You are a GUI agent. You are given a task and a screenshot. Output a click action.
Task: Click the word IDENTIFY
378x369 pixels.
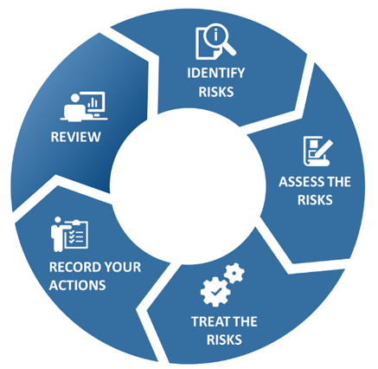[x=216, y=73]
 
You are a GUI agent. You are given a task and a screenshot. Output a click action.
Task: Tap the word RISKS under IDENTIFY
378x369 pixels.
[x=216, y=92]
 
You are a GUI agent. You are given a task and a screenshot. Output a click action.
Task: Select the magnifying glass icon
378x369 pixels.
[x=220, y=40]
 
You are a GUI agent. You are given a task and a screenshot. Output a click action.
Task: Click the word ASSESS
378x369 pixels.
[x=297, y=182]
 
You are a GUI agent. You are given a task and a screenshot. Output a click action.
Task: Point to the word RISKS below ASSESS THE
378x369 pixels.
[x=315, y=200]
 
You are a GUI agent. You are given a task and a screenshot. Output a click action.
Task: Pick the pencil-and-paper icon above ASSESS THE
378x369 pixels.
[x=317, y=151]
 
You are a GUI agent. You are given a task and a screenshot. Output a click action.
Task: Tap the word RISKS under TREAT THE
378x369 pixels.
[x=224, y=340]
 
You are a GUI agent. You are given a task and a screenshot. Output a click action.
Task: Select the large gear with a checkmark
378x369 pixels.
[x=215, y=291]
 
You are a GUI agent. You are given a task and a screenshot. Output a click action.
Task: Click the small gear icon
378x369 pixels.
[x=234, y=273]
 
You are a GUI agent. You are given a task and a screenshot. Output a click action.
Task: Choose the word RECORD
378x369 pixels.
[x=73, y=267]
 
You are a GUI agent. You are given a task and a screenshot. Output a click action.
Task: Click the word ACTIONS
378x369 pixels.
[x=77, y=285]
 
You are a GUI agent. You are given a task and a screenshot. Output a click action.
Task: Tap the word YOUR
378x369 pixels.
[x=120, y=267]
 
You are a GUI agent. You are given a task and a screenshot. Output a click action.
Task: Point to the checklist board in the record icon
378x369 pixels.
[x=76, y=235]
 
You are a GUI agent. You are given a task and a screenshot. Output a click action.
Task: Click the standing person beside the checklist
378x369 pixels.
[x=57, y=234]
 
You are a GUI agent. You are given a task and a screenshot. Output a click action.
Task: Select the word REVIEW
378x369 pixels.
[x=76, y=137]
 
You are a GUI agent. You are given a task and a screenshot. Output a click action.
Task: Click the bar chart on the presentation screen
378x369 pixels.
[x=93, y=102]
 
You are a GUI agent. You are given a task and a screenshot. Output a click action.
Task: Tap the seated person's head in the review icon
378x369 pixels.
[x=75, y=98]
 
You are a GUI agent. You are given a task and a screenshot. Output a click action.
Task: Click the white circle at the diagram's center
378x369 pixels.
[x=188, y=186]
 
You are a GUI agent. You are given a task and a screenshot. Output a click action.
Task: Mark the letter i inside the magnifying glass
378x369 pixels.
[x=215, y=36]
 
